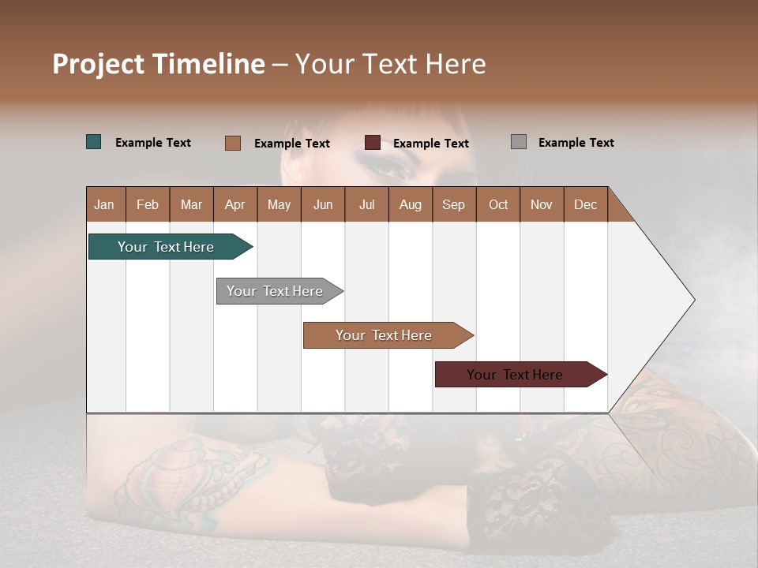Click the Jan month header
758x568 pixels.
click(x=105, y=204)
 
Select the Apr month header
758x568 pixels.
click(x=235, y=204)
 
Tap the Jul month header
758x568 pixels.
click(x=366, y=204)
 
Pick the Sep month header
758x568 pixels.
click(x=453, y=204)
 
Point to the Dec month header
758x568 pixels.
click(x=585, y=204)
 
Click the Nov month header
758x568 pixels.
click(x=542, y=204)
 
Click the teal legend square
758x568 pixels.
click(x=94, y=142)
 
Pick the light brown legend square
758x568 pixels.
click(x=233, y=143)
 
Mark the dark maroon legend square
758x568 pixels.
click(x=373, y=143)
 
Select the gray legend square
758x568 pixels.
click(x=519, y=142)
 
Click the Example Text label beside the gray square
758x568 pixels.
click(x=576, y=143)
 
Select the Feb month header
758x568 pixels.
click(x=148, y=204)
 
